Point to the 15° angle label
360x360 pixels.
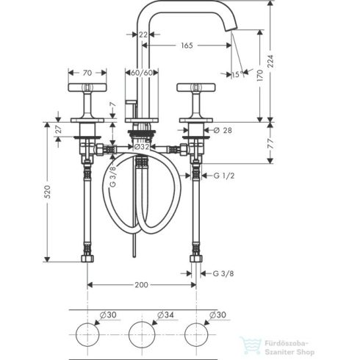[x=236, y=75]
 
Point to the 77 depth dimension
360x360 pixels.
[x=269, y=145]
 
